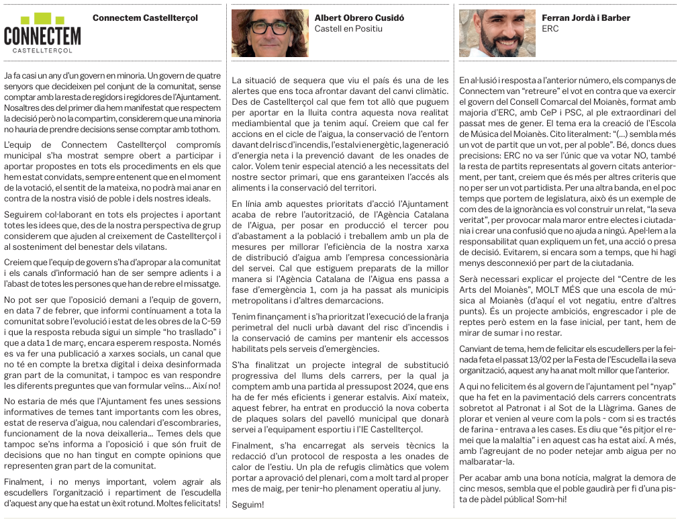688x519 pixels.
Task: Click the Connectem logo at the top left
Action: tap(42, 33)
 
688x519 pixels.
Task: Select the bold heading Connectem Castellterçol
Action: tap(145, 18)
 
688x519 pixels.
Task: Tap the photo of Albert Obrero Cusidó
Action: tap(270, 33)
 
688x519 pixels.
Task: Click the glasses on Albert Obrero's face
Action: tap(267, 29)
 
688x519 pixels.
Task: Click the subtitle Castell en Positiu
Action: tap(348, 29)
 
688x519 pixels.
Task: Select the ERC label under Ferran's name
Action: tap(550, 29)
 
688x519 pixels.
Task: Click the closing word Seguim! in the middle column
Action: tap(248, 504)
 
